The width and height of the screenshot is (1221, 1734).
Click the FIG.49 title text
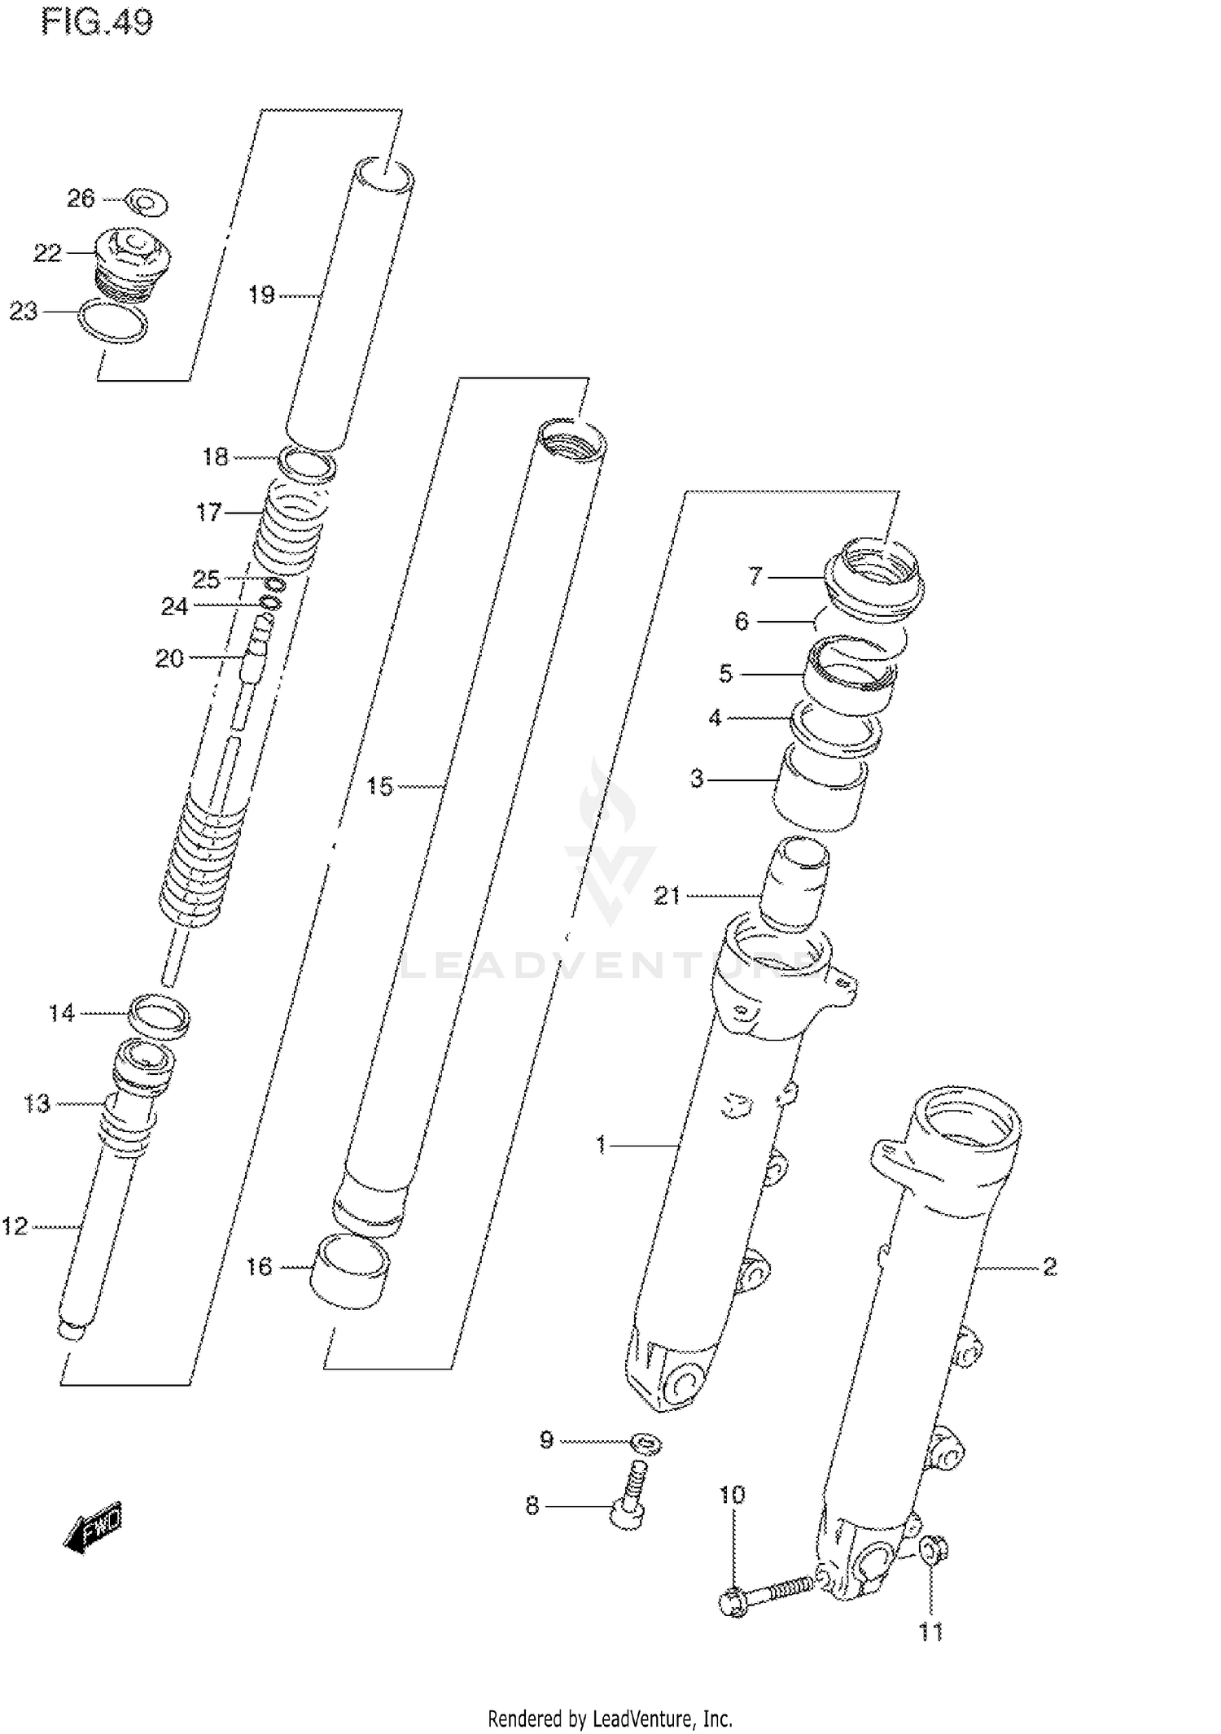(x=97, y=22)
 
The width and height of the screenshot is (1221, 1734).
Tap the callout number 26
(x=81, y=199)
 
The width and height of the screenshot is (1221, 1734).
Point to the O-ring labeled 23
(x=113, y=321)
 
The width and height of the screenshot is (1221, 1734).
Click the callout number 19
(x=261, y=295)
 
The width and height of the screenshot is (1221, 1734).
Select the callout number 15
(x=379, y=787)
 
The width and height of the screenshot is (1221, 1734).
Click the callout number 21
(x=667, y=896)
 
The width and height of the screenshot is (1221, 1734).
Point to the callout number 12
(x=15, y=1226)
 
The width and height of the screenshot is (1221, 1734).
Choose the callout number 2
(x=1049, y=1267)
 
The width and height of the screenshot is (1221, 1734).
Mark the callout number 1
(x=601, y=1146)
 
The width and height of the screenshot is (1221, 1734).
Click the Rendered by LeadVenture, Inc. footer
(x=610, y=1719)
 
